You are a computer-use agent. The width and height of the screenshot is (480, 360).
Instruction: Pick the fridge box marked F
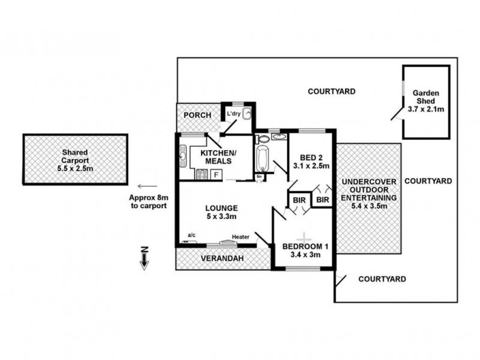click(215, 175)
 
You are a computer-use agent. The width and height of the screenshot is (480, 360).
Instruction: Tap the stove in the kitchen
click(202, 175)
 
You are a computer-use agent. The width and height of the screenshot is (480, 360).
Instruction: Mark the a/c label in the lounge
click(192, 235)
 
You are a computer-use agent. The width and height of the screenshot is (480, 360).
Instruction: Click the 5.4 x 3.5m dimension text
click(368, 206)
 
